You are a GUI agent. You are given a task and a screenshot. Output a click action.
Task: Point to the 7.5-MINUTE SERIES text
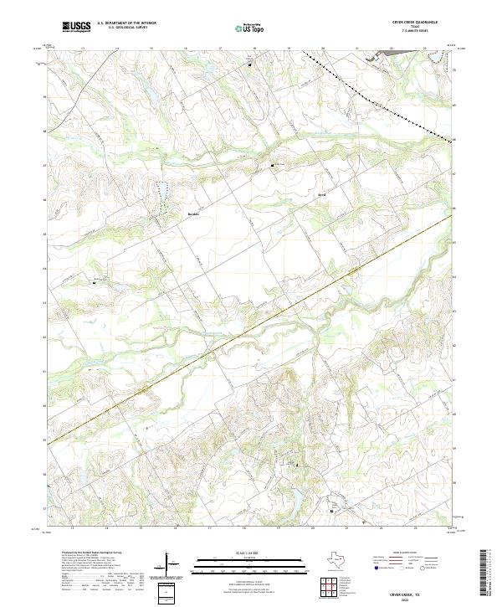[x=408, y=32]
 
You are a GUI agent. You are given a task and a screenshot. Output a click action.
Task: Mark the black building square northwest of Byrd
[x=272, y=166]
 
